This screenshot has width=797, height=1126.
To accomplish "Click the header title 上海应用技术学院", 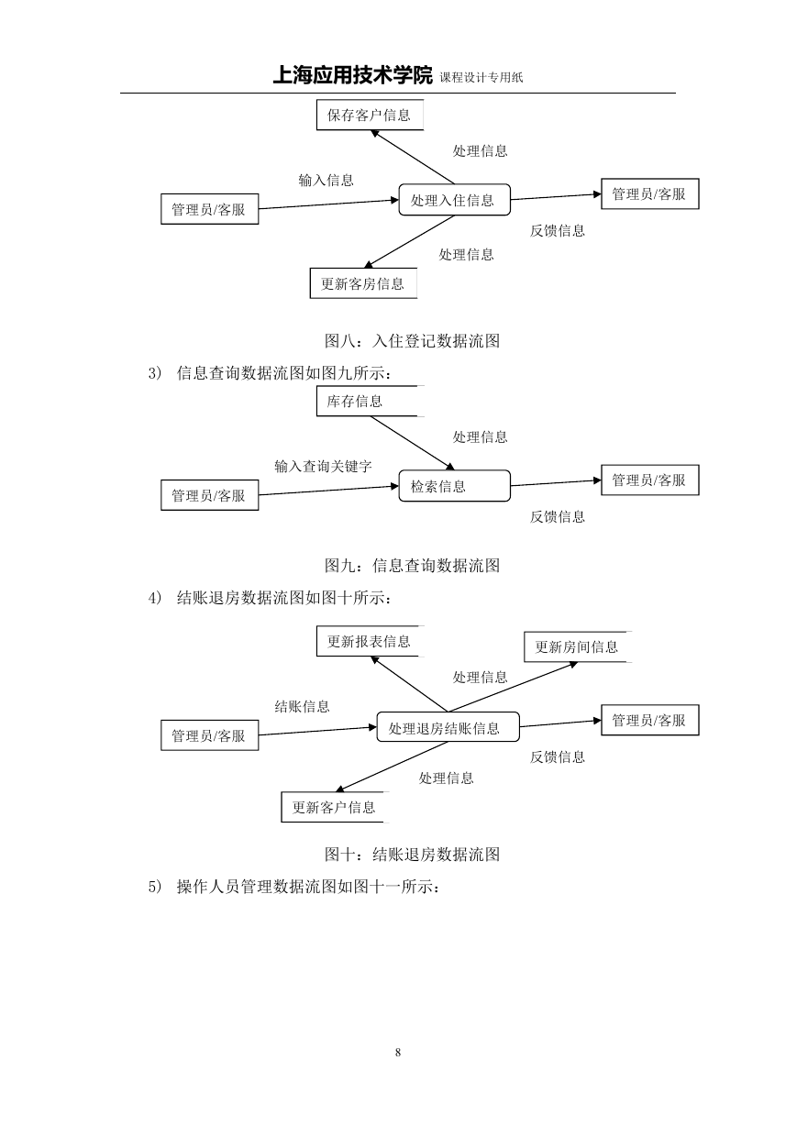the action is pos(352,75).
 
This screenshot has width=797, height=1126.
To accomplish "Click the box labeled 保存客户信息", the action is pos(370,115).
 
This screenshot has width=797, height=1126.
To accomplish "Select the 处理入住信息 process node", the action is pos(455,200).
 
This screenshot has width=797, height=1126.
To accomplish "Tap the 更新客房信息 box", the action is pos(363,283).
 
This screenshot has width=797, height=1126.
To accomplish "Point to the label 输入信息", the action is pos(326,180).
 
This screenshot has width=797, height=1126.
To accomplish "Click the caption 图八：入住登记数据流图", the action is pos(412,341).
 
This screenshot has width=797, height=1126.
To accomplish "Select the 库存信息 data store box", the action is pos(370,401).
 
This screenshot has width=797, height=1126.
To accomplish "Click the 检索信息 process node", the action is pos(455,486).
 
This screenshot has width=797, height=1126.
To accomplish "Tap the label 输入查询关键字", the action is pos(323,466).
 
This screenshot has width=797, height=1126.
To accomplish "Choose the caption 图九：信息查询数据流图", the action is pos(412,566).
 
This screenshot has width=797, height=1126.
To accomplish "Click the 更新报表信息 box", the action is pos(370,641).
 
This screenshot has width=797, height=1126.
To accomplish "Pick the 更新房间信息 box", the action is pos(577,646).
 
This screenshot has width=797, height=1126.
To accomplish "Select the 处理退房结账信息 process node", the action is pos(448,726).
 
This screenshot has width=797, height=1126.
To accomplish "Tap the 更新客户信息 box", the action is pos(335,807).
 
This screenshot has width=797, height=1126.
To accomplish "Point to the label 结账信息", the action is pos(302,706).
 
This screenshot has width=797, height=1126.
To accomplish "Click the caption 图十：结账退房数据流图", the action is pos(412,854).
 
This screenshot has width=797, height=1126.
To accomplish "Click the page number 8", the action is pos(398,1052).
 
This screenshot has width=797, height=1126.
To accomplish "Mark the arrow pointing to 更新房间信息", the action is pos(513,687).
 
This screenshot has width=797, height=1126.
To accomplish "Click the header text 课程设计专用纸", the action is pos(482,77).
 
